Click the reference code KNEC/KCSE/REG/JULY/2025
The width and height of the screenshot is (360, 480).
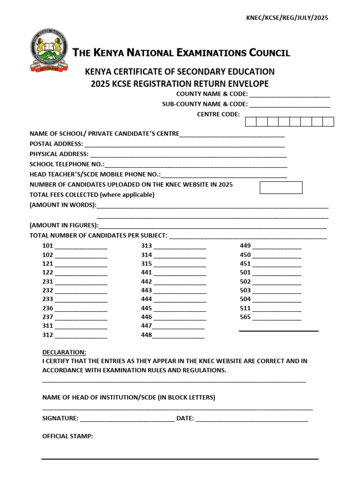point(287,18)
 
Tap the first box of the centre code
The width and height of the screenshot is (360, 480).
point(251,122)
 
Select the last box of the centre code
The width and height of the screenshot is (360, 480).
point(328,122)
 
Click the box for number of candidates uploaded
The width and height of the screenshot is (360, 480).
point(281,187)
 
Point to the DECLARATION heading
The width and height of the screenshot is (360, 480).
point(64,352)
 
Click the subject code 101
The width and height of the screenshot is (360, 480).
point(48,246)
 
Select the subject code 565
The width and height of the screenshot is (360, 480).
point(245,317)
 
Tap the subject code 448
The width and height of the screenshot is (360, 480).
point(146,335)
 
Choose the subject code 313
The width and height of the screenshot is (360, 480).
point(146,246)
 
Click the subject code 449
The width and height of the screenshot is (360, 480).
point(245,246)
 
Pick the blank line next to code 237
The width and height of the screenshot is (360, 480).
point(81,318)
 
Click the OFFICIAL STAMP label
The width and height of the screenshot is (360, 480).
point(67,436)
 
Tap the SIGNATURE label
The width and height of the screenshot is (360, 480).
point(60,418)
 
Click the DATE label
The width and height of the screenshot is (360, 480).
point(185,418)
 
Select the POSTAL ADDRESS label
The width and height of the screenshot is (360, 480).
point(56,144)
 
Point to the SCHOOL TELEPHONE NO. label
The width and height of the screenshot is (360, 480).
point(67,164)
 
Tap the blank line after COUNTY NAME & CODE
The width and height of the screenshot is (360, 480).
point(290,95)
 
